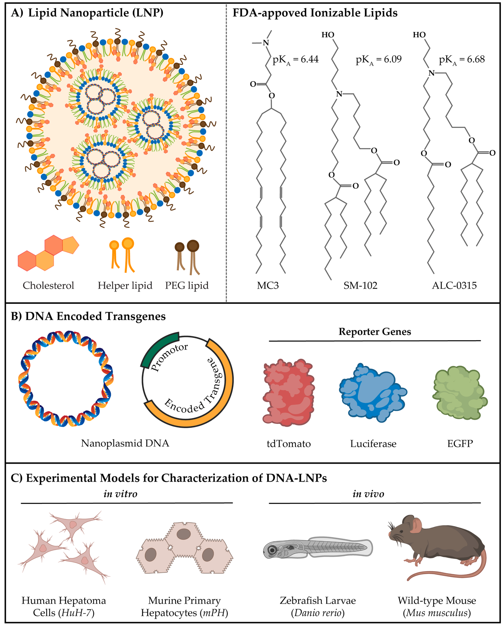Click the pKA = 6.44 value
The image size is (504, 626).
295,60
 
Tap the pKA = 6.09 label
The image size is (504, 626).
378,60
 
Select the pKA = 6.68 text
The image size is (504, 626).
462,60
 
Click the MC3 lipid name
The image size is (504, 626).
268,285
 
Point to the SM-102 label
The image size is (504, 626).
360,285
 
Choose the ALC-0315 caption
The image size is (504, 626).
454,285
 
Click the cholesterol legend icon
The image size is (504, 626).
48,253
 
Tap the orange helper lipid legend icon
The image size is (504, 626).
122,255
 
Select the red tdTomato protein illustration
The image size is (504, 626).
288,393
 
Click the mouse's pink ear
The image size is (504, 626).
417,525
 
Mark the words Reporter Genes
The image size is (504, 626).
375,332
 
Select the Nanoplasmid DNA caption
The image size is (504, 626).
125,443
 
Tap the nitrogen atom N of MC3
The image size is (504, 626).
266,43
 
